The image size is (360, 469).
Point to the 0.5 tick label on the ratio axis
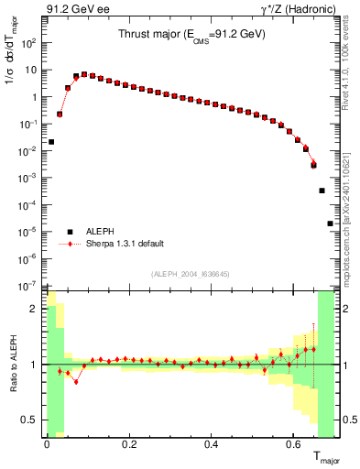click(x=30, y=420)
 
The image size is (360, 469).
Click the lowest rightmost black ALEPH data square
click(x=330, y=224)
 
